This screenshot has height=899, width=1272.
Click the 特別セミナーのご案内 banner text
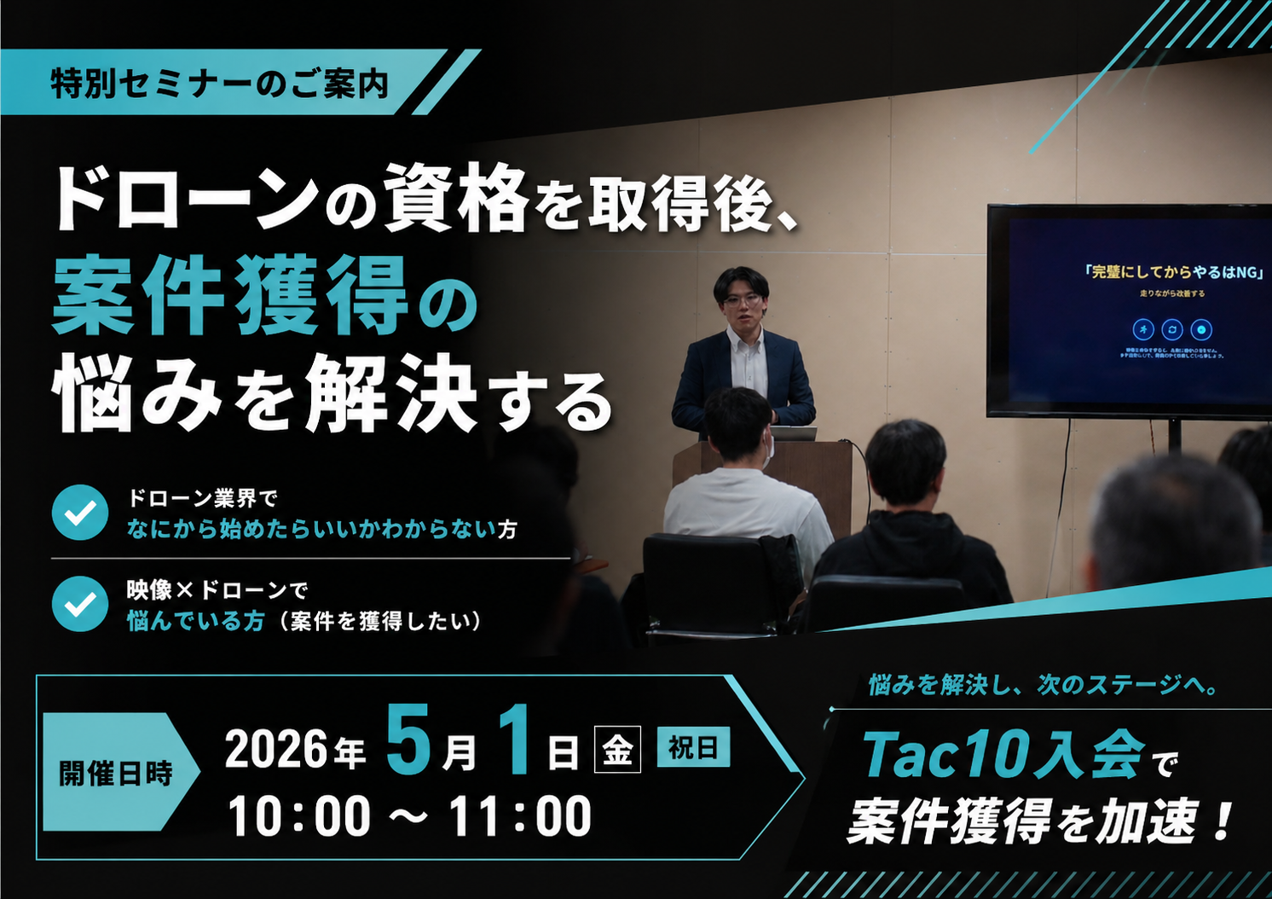click(x=220, y=84)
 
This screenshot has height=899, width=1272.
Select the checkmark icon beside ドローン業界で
click(x=80, y=513)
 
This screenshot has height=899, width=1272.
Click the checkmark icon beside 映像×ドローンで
click(x=80, y=603)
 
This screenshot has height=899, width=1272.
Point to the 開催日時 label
click(x=116, y=773)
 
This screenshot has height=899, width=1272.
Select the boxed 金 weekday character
click(x=617, y=750)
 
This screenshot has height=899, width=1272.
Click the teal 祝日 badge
click(x=693, y=747)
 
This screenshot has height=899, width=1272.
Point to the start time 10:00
click(x=299, y=816)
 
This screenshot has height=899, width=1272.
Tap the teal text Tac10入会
click(x=1003, y=754)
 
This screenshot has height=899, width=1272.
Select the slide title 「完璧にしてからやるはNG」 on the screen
click(x=1173, y=271)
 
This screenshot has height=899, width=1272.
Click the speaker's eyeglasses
click(x=742, y=299)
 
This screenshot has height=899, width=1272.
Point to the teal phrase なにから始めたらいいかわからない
click(x=311, y=530)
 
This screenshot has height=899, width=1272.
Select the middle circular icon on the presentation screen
click(x=1172, y=329)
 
